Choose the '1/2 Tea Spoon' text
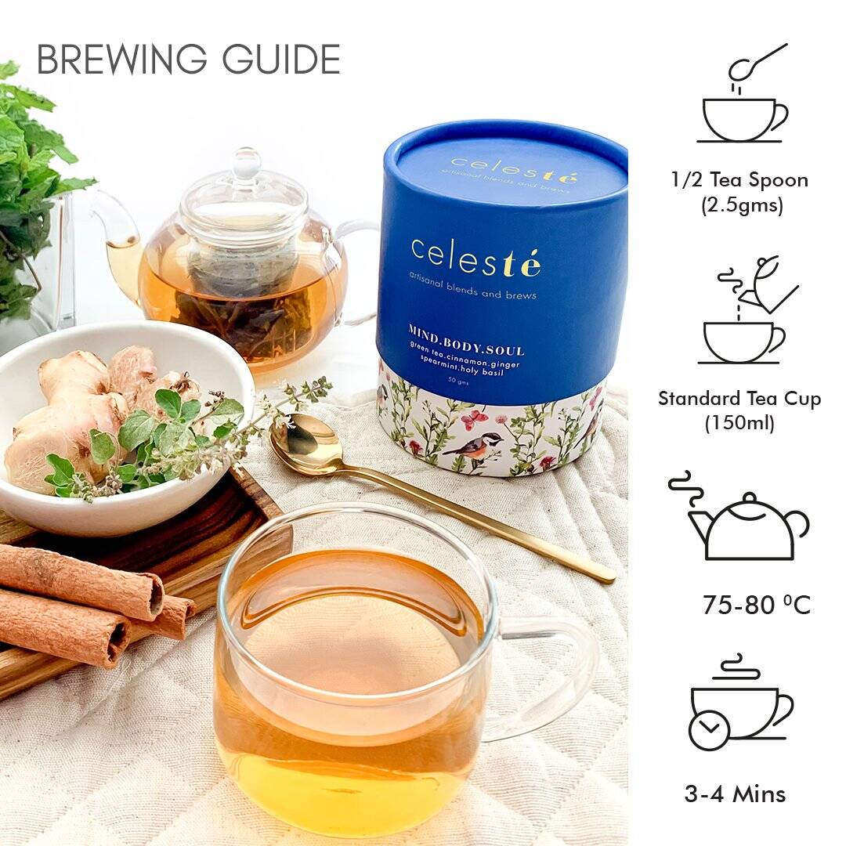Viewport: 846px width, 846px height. tap(739, 179)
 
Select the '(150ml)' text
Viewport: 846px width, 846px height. tap(739, 424)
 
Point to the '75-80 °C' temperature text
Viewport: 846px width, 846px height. tap(756, 606)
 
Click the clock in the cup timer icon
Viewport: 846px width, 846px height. tap(709, 728)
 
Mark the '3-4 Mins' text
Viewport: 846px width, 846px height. tap(735, 794)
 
